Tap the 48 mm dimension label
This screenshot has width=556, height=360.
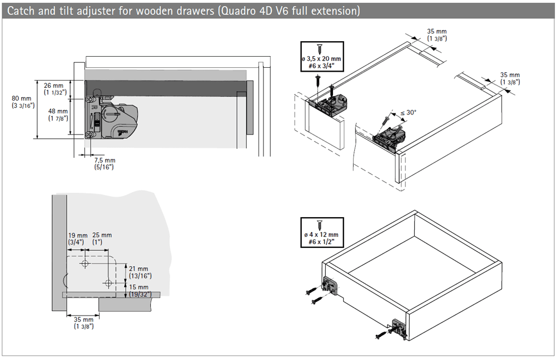[58, 114]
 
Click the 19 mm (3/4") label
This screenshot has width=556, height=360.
[77, 238]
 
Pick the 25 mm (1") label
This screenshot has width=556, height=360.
[102, 238]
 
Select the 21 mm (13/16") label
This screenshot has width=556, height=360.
[139, 272]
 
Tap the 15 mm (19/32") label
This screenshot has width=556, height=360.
[139, 291]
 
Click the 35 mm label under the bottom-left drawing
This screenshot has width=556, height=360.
[83, 323]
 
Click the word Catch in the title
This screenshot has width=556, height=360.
[20, 11]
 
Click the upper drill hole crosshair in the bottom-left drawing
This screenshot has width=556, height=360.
[85, 263]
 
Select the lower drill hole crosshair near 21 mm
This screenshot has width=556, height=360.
[108, 283]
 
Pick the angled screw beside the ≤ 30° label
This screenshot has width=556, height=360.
[386, 120]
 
